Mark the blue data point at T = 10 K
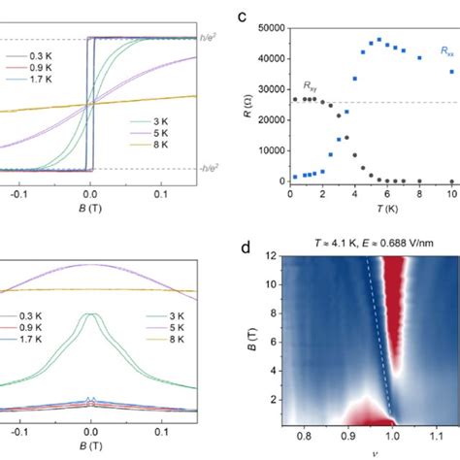[451, 71]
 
